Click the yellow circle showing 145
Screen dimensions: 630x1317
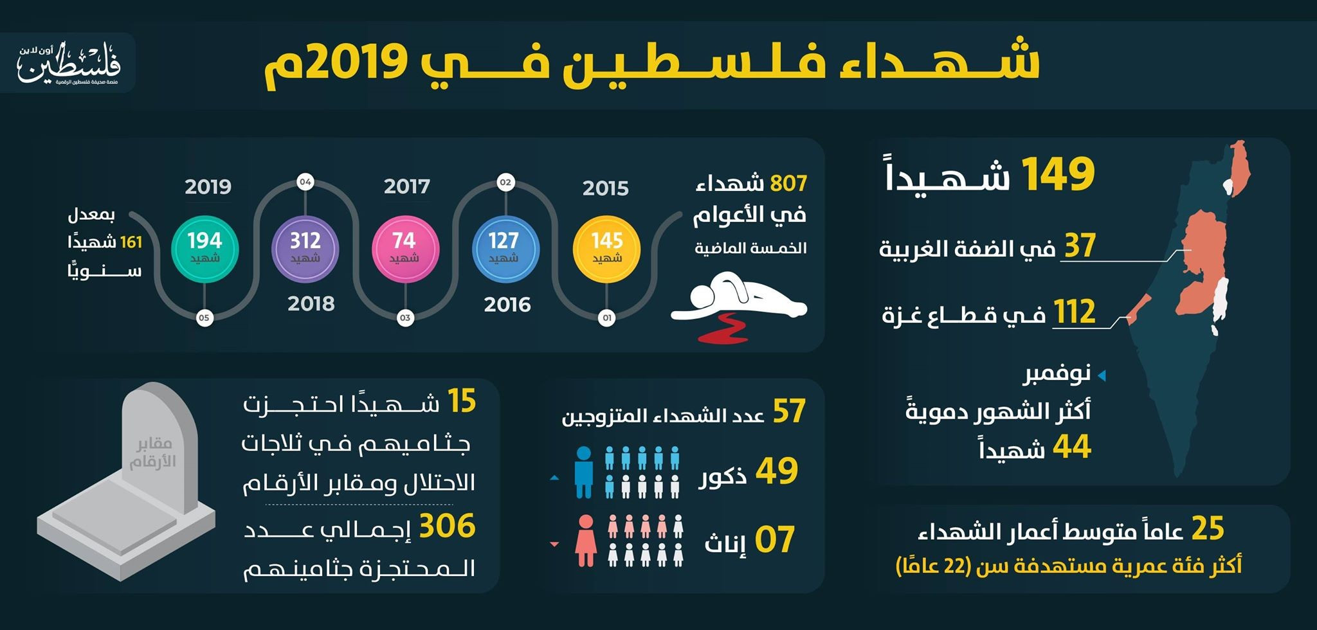tap(606, 249)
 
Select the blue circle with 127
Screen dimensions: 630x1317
tap(505, 249)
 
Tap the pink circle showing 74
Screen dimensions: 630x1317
tap(405, 249)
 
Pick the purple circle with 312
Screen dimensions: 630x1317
tap(305, 249)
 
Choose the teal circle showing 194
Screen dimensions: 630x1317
tap(204, 249)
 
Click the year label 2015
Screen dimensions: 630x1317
tap(605, 188)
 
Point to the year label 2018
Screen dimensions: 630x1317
tap(311, 303)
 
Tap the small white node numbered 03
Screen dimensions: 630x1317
tap(405, 318)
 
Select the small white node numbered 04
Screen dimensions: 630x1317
tap(305, 182)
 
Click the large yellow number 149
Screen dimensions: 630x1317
tap(1057, 174)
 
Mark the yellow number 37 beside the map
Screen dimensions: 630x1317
tap(1080, 246)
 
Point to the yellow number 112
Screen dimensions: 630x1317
tap(1074, 312)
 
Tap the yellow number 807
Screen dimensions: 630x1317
tap(788, 184)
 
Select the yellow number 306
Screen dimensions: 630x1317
tap(447, 526)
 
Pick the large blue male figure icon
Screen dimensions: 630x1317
tap(584, 473)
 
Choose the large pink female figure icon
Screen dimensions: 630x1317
tap(586, 541)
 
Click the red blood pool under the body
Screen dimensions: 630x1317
tap(723, 328)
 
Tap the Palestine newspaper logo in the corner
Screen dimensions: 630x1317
tap(69, 63)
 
